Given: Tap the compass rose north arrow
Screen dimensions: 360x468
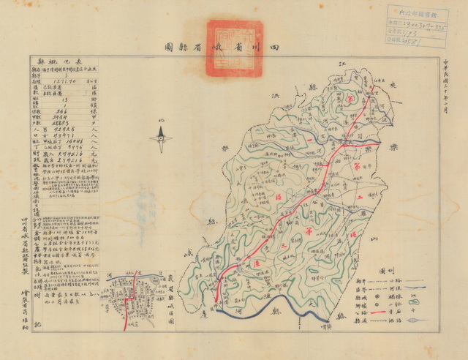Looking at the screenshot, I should (x=162, y=137).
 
